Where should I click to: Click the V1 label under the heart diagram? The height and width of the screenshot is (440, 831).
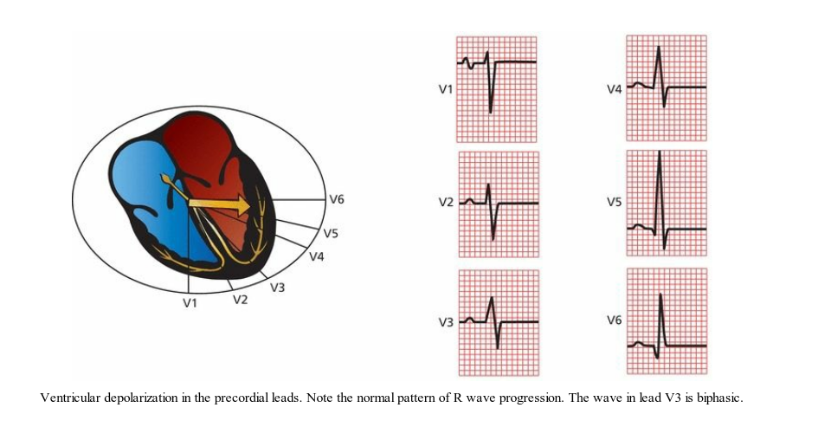pyautogui.click(x=190, y=303)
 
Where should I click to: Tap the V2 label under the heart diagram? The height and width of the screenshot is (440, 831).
pyautogui.click(x=241, y=300)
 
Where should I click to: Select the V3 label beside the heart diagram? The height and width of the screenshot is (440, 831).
pyautogui.click(x=278, y=288)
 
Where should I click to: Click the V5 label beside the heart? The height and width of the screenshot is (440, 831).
pyautogui.click(x=331, y=233)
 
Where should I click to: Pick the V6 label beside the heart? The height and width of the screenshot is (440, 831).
pyautogui.click(x=337, y=199)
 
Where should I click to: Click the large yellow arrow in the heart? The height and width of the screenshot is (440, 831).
pyautogui.click(x=220, y=205)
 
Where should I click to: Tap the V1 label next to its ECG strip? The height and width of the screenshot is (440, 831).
pyautogui.click(x=446, y=89)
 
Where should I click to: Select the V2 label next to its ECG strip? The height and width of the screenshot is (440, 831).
pyautogui.click(x=446, y=203)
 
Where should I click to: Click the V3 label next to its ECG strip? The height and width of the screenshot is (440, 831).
pyautogui.click(x=446, y=322)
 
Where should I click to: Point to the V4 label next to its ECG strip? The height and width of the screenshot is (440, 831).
pyautogui.click(x=614, y=89)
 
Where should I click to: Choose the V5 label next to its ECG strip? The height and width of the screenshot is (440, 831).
pyautogui.click(x=614, y=203)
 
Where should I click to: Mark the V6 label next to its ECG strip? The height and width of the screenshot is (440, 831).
pyautogui.click(x=614, y=320)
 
